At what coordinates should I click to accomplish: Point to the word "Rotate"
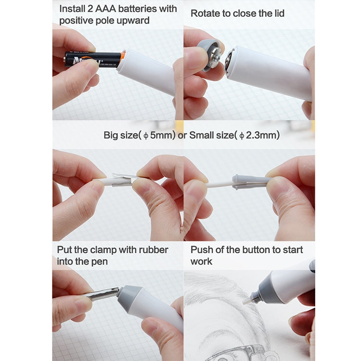tap(205, 13)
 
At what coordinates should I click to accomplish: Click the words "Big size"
tap(120, 136)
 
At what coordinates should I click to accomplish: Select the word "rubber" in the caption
tap(152, 250)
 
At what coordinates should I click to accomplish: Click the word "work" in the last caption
tap(201, 261)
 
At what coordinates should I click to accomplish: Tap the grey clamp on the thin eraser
tap(250, 181)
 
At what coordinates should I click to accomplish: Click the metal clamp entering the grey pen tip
tap(103, 294)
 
